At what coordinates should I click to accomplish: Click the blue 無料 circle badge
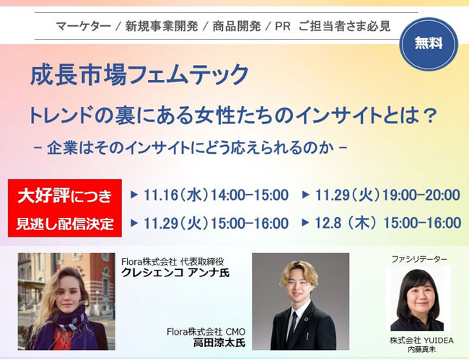pos(429,44)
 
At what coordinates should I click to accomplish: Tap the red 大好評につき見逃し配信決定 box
pos(65,208)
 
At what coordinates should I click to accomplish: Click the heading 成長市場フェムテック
pos(139,74)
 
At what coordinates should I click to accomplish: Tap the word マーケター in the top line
pos(84,26)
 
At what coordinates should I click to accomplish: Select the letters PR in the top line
pos(282,26)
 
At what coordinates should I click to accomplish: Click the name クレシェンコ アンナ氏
pos(175,273)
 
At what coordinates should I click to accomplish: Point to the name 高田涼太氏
pos(219,343)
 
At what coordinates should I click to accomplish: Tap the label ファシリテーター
pos(419,259)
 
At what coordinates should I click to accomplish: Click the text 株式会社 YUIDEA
pos(421,341)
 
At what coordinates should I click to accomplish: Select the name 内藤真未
pos(421,349)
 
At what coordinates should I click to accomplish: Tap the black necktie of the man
pos(293,325)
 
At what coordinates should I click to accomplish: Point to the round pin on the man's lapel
pos(306,320)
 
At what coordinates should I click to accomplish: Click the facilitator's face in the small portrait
pos(418,295)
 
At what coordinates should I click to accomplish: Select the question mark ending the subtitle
pos(431,115)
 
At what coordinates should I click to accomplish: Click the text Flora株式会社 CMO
pos(206,332)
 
